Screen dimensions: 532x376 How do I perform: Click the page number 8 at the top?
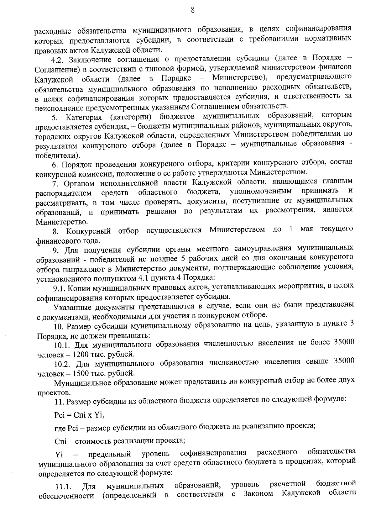click(192, 10)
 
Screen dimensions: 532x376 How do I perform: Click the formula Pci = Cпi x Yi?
click(79, 415)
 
